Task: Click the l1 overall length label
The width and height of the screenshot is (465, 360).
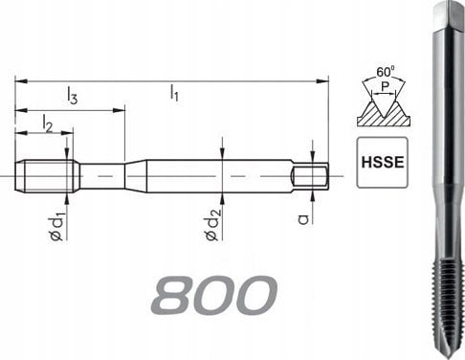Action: tap(174, 92)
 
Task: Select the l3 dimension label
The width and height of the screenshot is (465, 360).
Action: tap(73, 94)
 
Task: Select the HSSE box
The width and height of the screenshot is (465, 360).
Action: tap(379, 161)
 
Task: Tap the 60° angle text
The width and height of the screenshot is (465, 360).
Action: tap(385, 73)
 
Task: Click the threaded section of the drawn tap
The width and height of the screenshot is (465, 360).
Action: tap(47, 175)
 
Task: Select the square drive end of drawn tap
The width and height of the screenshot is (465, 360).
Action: tap(311, 175)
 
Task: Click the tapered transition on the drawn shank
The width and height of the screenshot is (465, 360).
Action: tap(136, 175)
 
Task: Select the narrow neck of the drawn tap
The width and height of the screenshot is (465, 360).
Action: tap(101, 175)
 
